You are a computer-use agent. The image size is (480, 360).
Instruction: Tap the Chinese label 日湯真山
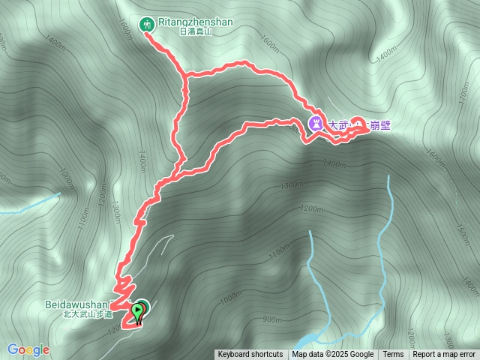pos(196,31)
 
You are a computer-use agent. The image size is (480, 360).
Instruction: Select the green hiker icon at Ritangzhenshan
pos(148,24)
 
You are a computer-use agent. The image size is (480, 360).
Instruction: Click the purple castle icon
pos(316,124)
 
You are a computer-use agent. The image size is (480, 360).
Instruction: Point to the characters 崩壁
pos(380,126)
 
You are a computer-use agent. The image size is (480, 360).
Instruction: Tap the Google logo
pos(28,349)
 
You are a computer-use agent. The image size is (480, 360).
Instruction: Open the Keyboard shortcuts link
pos(250,355)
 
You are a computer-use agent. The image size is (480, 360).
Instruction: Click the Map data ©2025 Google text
pos(333,355)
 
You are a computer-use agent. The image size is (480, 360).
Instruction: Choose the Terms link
pos(393,355)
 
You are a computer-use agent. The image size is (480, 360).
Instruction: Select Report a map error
pos(444,355)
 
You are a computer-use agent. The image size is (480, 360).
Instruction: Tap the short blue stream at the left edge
pos(30,204)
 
